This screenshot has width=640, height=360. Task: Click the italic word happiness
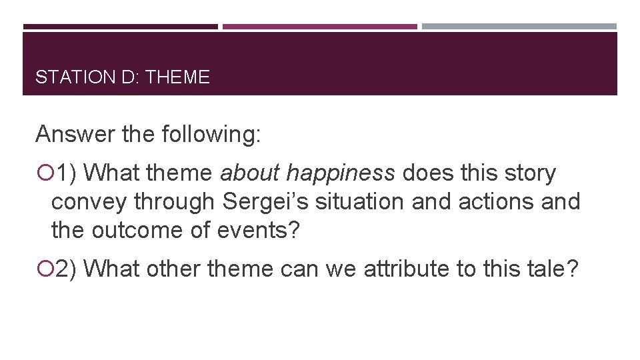[x=340, y=173]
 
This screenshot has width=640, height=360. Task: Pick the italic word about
[x=250, y=173]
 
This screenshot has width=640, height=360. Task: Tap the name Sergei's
[x=265, y=201]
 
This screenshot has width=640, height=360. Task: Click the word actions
[x=491, y=201]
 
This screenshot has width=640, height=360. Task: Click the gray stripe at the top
[x=519, y=27]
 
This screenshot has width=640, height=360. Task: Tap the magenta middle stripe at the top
[x=320, y=27]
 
